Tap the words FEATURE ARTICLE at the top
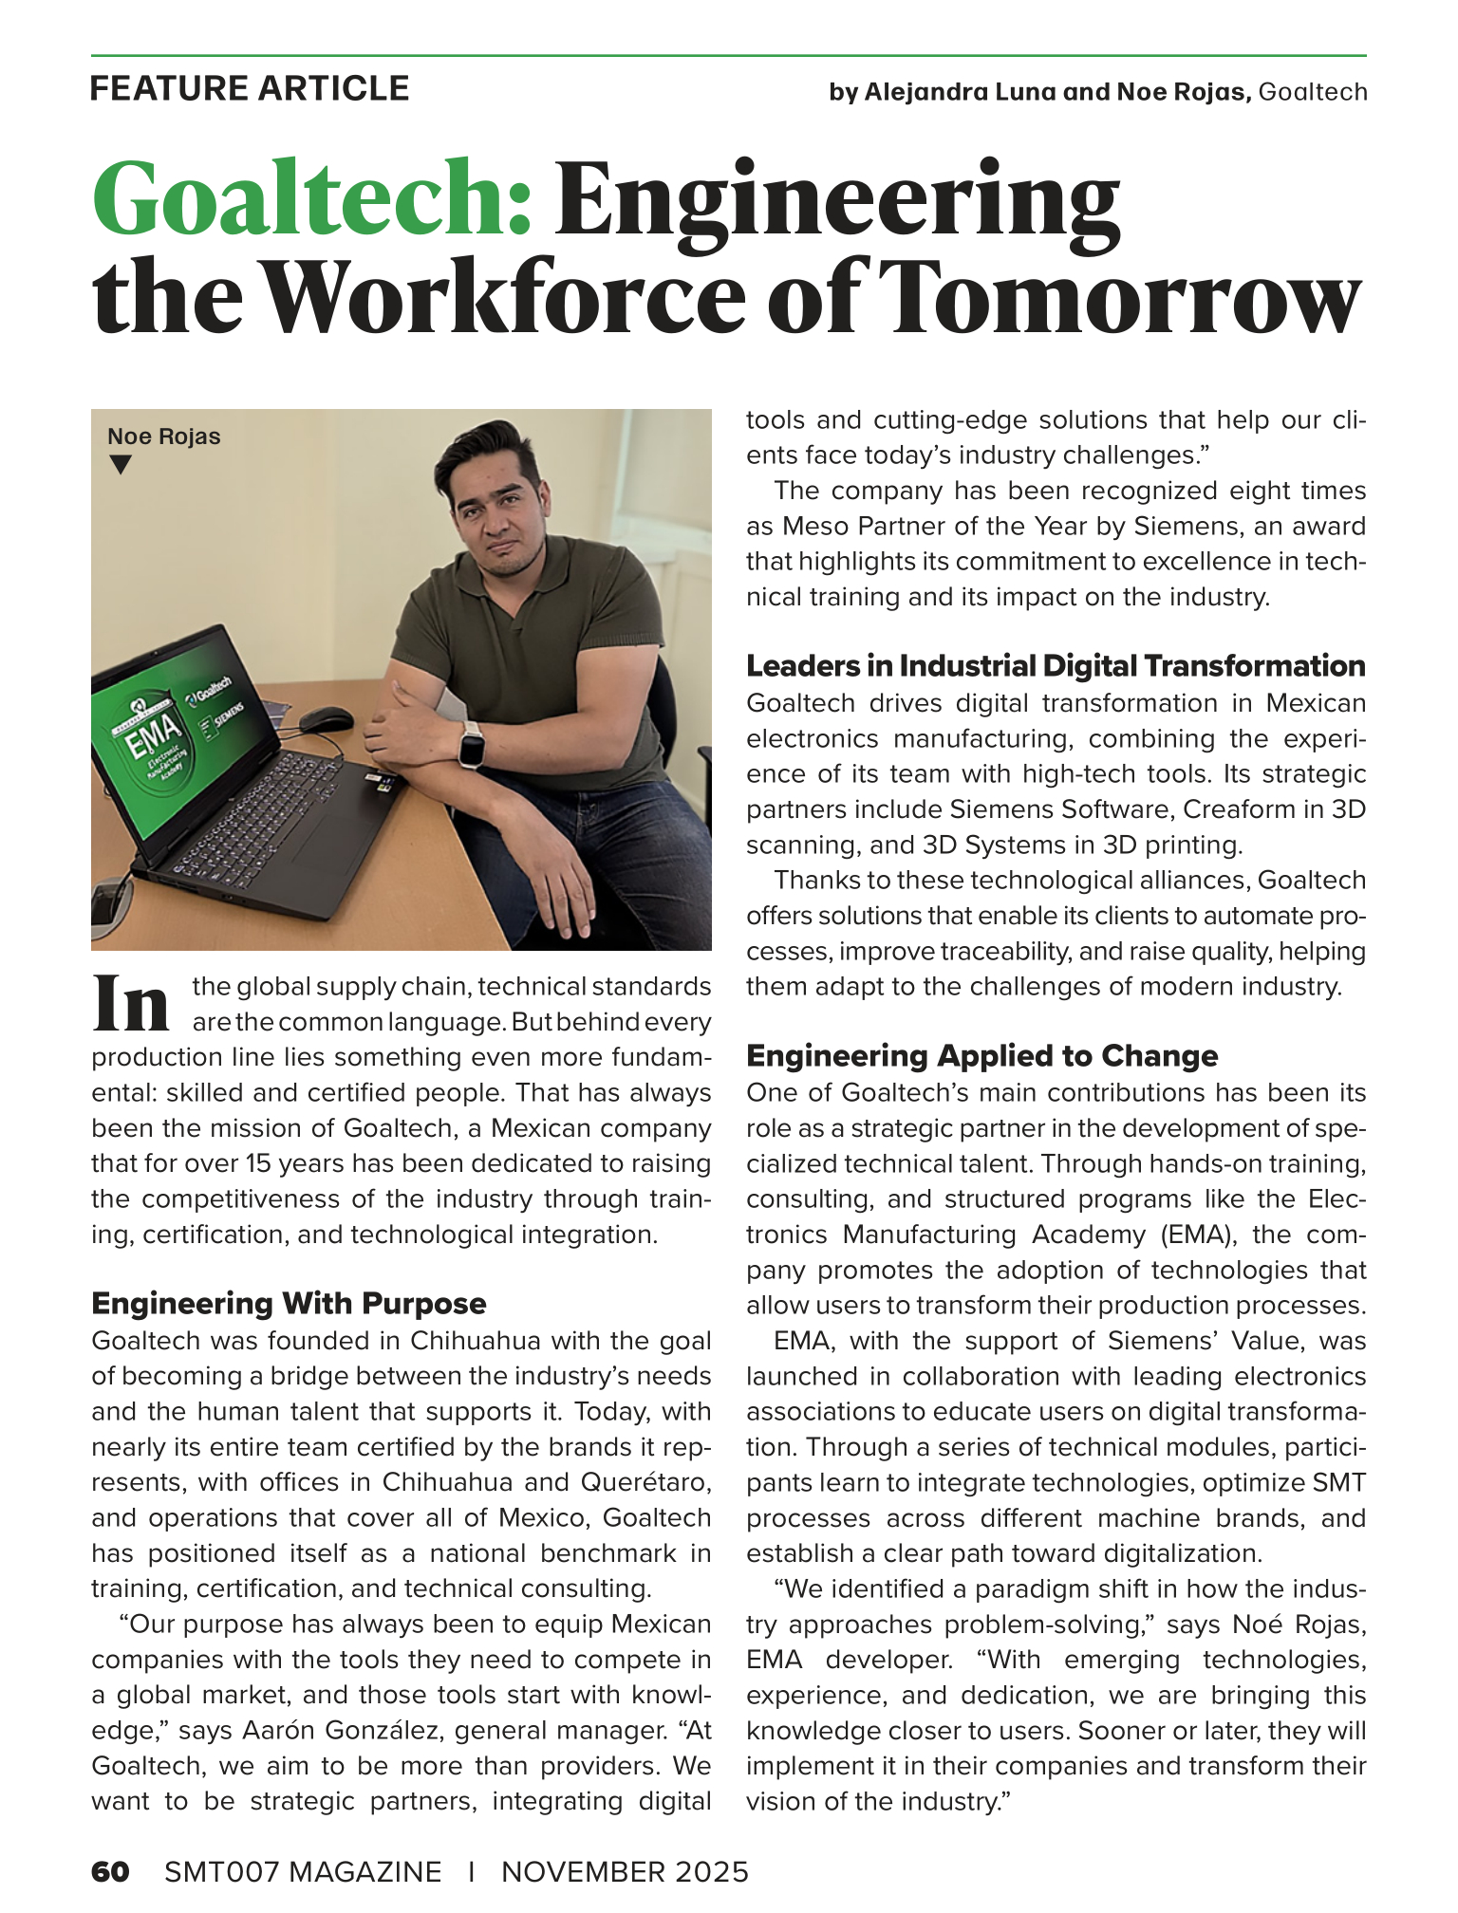point(250,88)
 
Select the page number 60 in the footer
point(110,1871)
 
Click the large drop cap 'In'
point(131,1004)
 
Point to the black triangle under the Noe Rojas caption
point(120,465)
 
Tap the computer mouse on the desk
point(327,719)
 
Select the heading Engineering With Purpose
point(289,1303)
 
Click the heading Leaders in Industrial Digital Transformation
point(1056,666)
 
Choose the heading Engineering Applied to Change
point(981,1055)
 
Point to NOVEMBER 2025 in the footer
point(625,1871)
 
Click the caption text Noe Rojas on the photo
point(163,436)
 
